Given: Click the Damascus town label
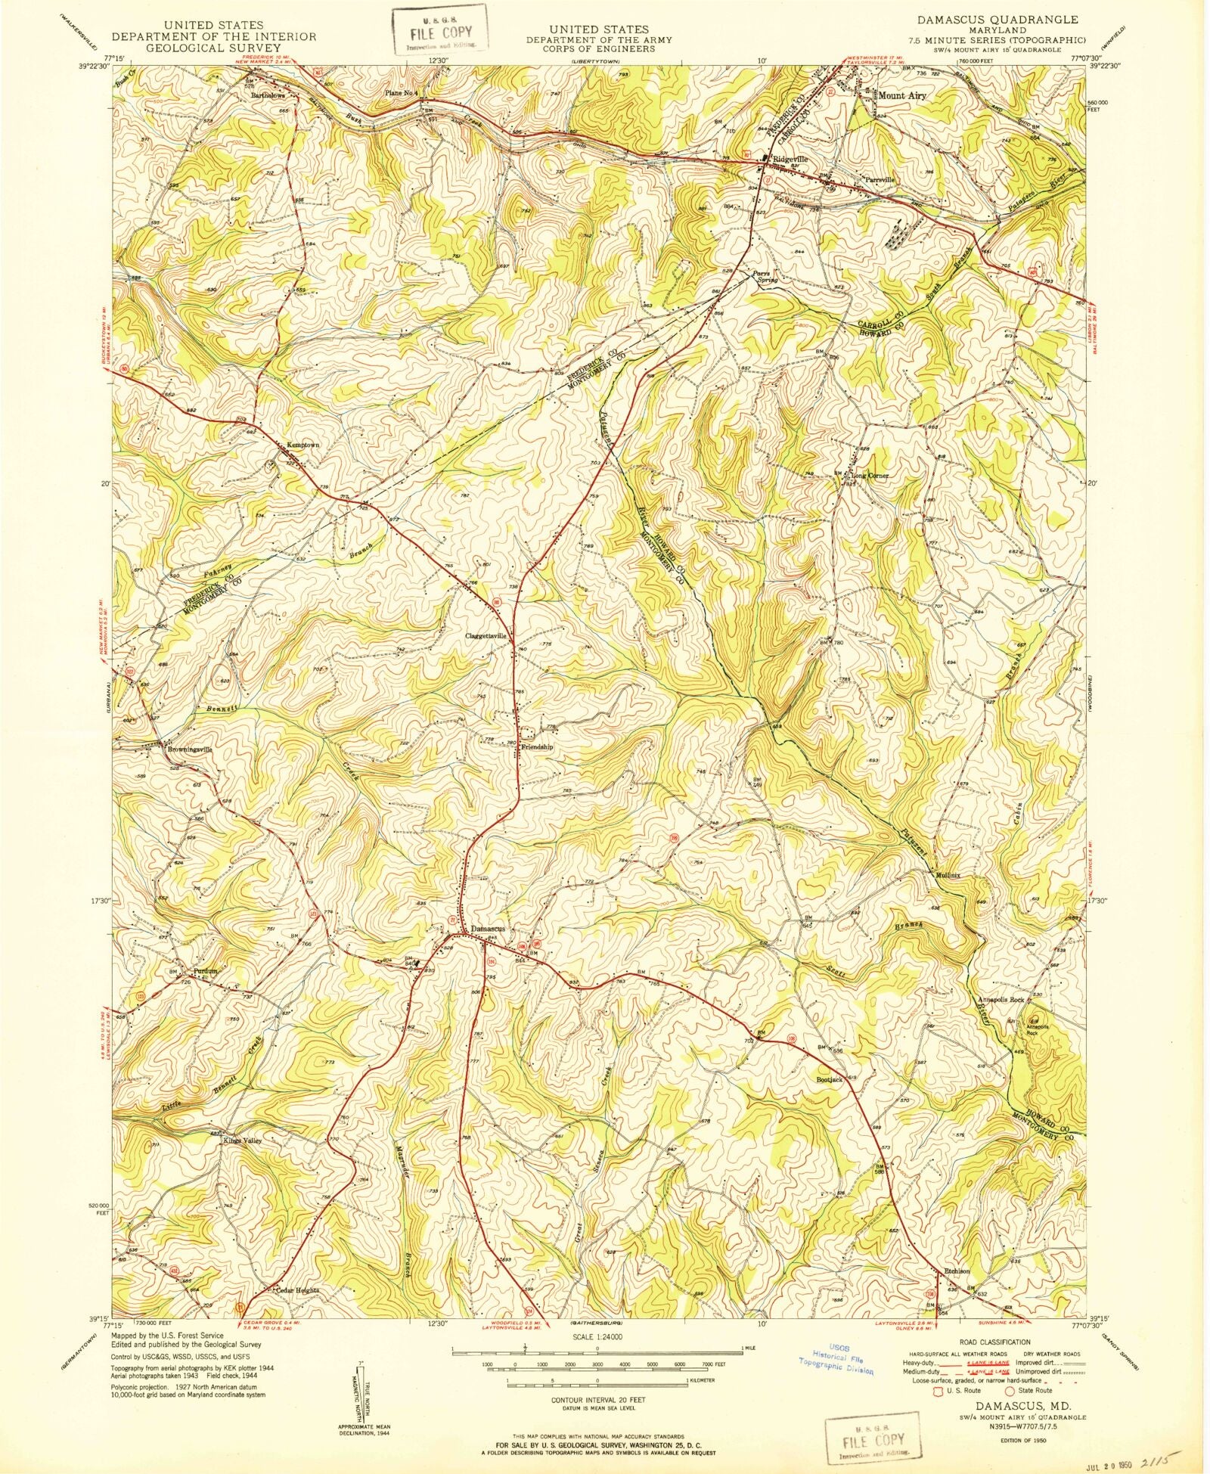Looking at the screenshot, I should tap(487, 929).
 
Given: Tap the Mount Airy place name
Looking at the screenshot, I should tap(901, 96).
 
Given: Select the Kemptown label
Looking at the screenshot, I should tap(302, 445).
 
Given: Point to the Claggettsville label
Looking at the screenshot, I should tap(486, 636).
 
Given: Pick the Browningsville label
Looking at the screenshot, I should tap(190, 749).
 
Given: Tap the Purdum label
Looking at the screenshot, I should tap(205, 970).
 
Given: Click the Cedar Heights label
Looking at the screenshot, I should tap(297, 1290).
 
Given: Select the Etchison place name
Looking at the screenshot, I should tap(957, 1271).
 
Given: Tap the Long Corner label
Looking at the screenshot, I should tap(870, 476).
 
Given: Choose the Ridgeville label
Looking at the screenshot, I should tap(790, 160).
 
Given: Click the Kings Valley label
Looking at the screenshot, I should tap(242, 1141).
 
